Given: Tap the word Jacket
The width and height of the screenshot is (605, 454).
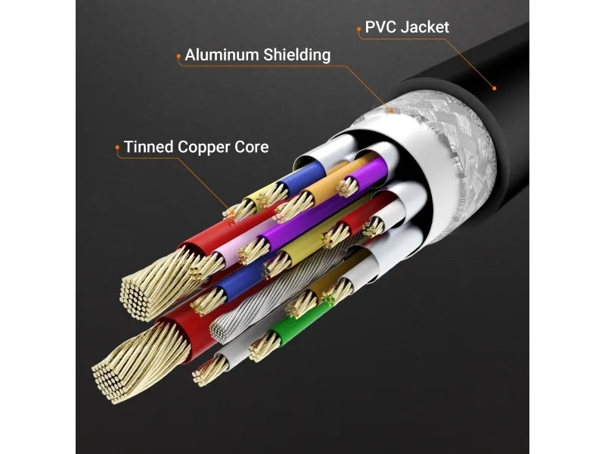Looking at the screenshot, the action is click(425, 27).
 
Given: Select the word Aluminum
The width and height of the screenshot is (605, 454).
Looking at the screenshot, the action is click(222, 54).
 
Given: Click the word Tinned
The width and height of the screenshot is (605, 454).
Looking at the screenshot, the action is click(148, 147).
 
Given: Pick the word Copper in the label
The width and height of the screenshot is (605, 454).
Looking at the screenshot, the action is click(203, 148).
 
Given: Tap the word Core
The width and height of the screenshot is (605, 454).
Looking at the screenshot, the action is click(251, 147).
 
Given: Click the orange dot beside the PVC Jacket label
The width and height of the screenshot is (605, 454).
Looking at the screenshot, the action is click(358, 29).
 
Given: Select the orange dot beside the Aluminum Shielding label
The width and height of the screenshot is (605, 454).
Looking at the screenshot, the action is click(178, 56).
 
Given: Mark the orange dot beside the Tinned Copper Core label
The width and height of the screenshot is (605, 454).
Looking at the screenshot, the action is click(117, 147).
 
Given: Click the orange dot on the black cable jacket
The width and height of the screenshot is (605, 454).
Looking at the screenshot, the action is click(495, 89).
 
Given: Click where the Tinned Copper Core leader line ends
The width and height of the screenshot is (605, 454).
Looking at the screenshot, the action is click(231, 212).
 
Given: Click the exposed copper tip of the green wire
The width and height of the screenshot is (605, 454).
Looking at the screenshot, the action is click(263, 347).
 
